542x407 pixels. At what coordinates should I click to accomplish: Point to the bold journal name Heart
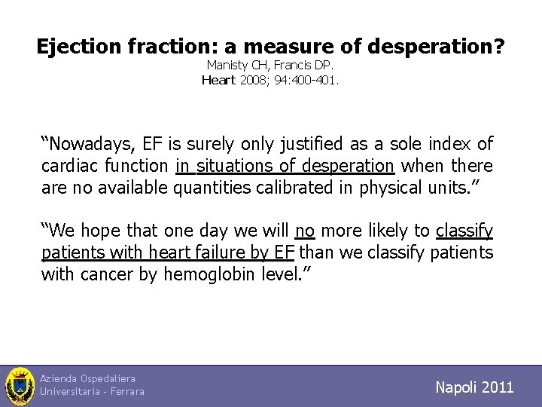219,80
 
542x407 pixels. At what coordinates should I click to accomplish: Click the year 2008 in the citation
253,80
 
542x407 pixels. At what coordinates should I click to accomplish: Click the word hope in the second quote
102,231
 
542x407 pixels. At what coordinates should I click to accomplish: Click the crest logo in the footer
20,386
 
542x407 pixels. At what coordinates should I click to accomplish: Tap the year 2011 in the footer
498,387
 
